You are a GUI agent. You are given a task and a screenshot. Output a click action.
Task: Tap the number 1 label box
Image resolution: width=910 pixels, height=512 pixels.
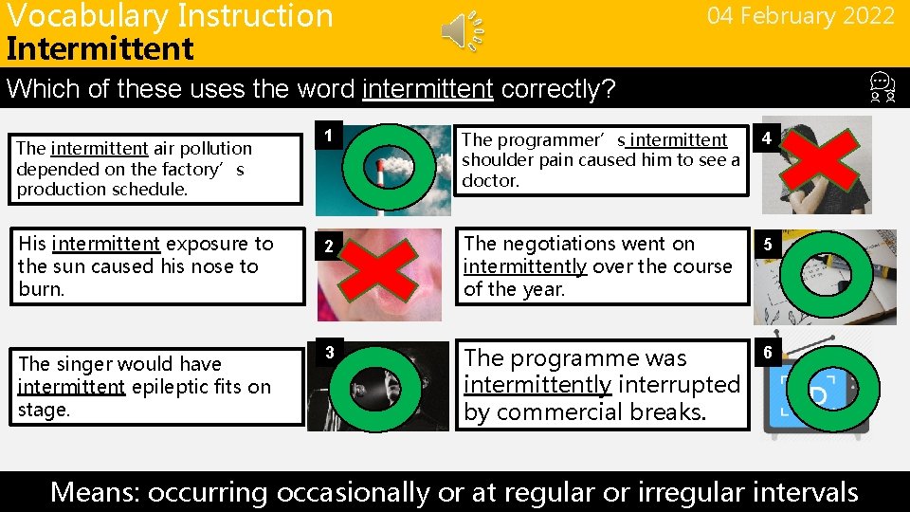point(327,136)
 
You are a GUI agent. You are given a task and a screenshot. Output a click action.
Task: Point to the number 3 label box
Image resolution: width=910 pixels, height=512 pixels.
point(327,353)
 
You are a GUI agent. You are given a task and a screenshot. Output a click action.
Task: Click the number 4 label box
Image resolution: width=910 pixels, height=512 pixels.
point(766,139)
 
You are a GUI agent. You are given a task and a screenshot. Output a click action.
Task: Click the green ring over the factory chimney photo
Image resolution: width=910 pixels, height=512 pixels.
point(390,164)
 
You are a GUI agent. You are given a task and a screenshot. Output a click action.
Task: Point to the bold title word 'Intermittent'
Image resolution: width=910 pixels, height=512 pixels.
point(100,48)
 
